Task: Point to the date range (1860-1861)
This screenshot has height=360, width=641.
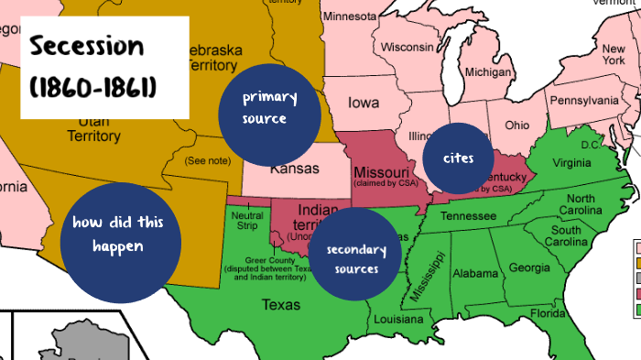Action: coord(92,87)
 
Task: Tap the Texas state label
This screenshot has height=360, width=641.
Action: coord(279,304)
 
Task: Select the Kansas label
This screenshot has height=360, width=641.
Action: coord(294,169)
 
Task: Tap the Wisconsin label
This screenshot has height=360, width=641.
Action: coord(407,47)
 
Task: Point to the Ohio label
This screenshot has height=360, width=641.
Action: coord(516,125)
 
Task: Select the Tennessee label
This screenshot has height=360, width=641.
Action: coord(470,216)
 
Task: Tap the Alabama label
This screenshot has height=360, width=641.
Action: coord(475,273)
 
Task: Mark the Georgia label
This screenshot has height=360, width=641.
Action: coord(529,267)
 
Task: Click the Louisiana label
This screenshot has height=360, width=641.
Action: coord(397,320)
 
